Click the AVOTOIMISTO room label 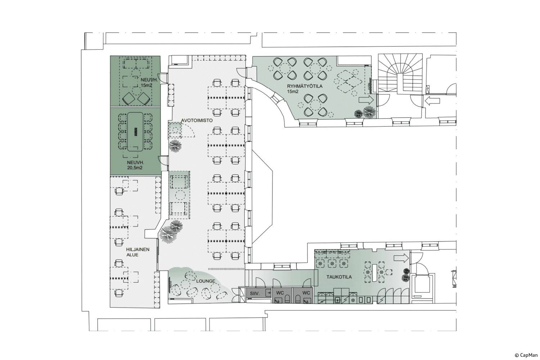pyautogui.click(x=197, y=120)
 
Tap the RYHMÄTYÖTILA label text pyautogui.click(x=305, y=86)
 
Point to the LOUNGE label pyautogui.click(x=206, y=281)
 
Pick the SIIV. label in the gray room pyautogui.click(x=255, y=293)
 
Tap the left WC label pyautogui.click(x=280, y=293)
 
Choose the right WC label pyautogui.click(x=306, y=293)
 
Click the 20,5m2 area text pyautogui.click(x=134, y=167)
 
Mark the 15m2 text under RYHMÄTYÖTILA pyautogui.click(x=293, y=91)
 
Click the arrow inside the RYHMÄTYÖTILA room pyautogui.click(x=366, y=100)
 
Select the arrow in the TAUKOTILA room pyautogui.click(x=401, y=258)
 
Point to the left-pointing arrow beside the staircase pyautogui.click(x=432, y=101)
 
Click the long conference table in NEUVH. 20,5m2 pyautogui.click(x=135, y=132)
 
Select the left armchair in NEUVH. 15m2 pyautogui.click(x=128, y=99)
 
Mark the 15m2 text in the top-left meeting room pyautogui.click(x=147, y=85)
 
